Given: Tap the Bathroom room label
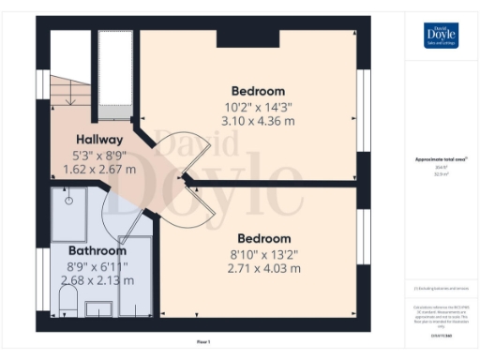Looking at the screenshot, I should click(97, 250).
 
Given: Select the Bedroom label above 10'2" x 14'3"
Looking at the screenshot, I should click(258, 91).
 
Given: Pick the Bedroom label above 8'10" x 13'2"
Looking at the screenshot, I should click(263, 238).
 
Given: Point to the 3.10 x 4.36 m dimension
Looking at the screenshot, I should click(258, 121).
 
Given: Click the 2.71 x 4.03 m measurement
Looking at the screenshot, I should click(263, 268).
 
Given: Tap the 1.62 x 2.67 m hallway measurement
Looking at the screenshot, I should click(97, 170).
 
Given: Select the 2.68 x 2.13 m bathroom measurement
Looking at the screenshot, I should click(97, 279).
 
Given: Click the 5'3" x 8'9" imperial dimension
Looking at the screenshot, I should click(97, 155).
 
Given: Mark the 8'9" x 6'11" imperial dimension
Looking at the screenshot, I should click(97, 265).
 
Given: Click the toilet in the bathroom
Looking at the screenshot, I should click(67, 300).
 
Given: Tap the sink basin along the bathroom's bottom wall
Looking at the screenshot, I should click(97, 307).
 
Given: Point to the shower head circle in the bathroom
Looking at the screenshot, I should click(69, 200).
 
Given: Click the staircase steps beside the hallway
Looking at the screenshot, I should click(70, 89).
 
